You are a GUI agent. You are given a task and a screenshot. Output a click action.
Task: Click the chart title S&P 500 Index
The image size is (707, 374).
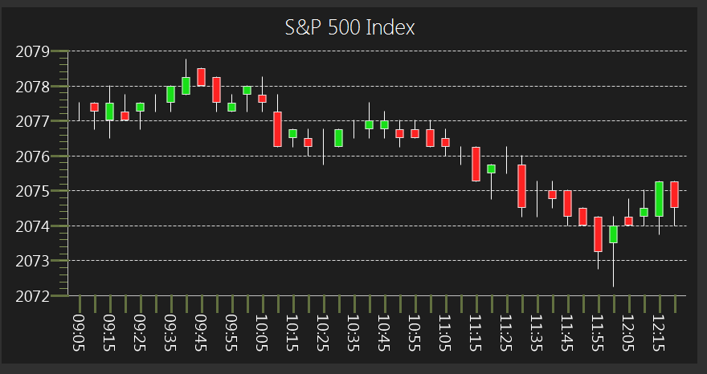click(x=350, y=27)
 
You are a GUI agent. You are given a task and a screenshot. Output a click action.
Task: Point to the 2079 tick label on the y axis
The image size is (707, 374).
click(x=33, y=51)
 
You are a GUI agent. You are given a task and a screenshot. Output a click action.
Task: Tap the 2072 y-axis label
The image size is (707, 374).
click(x=33, y=296)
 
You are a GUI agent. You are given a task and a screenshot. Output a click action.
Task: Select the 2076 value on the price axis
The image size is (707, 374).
click(x=33, y=156)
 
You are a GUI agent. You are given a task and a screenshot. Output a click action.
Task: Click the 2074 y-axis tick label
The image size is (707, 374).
click(x=33, y=226)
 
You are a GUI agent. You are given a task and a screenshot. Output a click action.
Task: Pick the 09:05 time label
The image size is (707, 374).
click(x=80, y=329)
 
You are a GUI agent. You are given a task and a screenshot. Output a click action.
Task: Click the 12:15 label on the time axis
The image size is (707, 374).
click(x=659, y=329)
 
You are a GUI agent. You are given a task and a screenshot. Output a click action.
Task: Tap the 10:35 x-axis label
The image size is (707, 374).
click(x=353, y=329)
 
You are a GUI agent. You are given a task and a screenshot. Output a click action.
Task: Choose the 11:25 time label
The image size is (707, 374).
click(x=506, y=329)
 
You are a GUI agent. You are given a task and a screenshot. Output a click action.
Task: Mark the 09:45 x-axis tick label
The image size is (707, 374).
click(x=201, y=329)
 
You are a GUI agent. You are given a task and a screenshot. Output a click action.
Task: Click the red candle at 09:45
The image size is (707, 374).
click(x=201, y=77)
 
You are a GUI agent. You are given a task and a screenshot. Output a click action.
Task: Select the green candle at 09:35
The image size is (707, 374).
click(x=170, y=94)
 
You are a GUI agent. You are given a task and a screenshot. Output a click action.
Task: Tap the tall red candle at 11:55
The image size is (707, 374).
click(x=598, y=234)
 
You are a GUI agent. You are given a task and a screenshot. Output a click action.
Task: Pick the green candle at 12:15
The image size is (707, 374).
click(x=659, y=199)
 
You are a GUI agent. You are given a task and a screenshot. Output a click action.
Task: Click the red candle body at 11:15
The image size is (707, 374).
click(x=476, y=164)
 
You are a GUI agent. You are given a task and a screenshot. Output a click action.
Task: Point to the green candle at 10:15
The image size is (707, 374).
click(x=292, y=133)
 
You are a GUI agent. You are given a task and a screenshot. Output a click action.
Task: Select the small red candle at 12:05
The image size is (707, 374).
click(x=628, y=221)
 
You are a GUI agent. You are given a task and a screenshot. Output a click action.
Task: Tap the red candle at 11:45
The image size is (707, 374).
click(x=567, y=203)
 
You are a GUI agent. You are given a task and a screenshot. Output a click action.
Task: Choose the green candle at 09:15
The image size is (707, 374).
click(x=109, y=111)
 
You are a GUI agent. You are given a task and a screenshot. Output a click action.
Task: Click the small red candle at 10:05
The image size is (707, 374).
click(x=262, y=99)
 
